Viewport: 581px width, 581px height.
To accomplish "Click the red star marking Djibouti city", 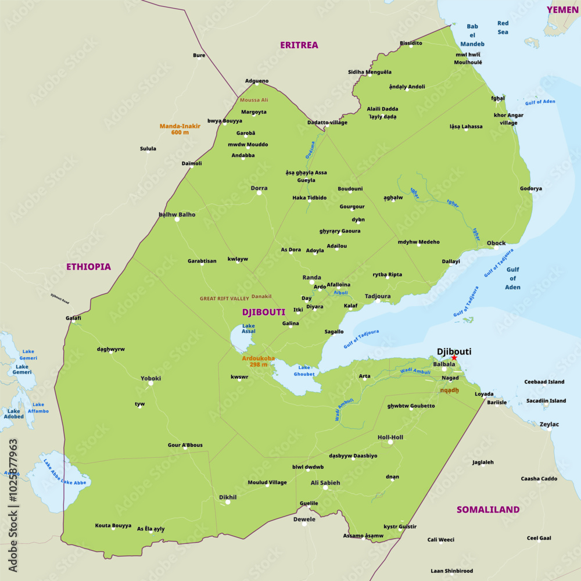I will tap(454, 358).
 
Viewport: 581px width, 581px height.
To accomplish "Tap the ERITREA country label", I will tap(299, 45).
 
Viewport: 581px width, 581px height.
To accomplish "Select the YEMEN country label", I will tap(562, 10).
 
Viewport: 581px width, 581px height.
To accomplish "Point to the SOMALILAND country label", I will tap(487, 510).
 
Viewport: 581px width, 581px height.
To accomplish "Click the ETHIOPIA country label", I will tap(88, 267).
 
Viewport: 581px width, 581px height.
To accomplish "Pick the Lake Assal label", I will tap(249, 329).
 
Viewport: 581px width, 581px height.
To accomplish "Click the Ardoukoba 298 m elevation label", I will tap(259, 361).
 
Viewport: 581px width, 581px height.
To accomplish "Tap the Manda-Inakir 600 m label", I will tap(180, 129).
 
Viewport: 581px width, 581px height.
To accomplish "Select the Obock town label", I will tap(496, 243).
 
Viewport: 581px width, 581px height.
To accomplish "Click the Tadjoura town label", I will tap(377, 296).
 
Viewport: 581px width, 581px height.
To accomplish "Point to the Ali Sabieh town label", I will tap(325, 483).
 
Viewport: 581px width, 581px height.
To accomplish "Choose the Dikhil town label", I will tap(228, 497).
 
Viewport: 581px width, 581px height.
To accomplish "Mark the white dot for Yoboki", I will tap(150, 383).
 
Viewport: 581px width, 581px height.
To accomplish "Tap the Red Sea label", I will tap(503, 28).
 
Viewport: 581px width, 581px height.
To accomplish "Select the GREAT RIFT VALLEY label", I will tap(224, 299).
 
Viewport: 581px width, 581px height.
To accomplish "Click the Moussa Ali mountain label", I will tap(254, 100).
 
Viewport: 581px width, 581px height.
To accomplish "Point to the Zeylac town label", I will tap(549, 424).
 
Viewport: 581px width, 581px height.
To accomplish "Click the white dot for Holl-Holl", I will tap(390, 442).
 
